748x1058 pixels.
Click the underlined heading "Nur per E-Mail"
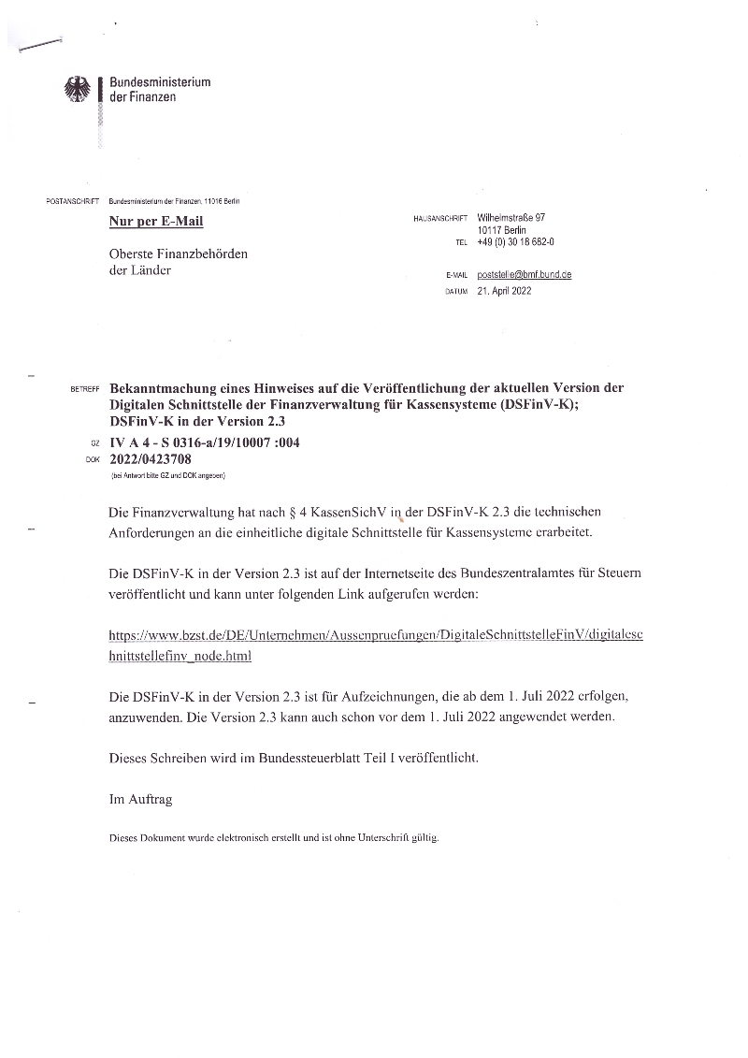click(x=156, y=222)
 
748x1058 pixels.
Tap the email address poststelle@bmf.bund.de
click(x=525, y=275)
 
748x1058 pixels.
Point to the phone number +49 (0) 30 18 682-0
click(x=515, y=241)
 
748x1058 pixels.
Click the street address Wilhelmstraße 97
click(x=511, y=218)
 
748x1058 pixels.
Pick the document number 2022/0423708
click(x=151, y=459)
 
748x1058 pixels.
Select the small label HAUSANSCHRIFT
click(x=439, y=219)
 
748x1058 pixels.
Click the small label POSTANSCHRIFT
click(x=73, y=202)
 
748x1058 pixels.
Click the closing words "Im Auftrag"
click(x=140, y=800)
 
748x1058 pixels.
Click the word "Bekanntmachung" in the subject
click(x=166, y=388)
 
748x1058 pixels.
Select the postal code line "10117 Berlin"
click(x=502, y=230)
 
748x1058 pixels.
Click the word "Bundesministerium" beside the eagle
click(x=160, y=82)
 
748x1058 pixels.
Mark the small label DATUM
click(x=456, y=292)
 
